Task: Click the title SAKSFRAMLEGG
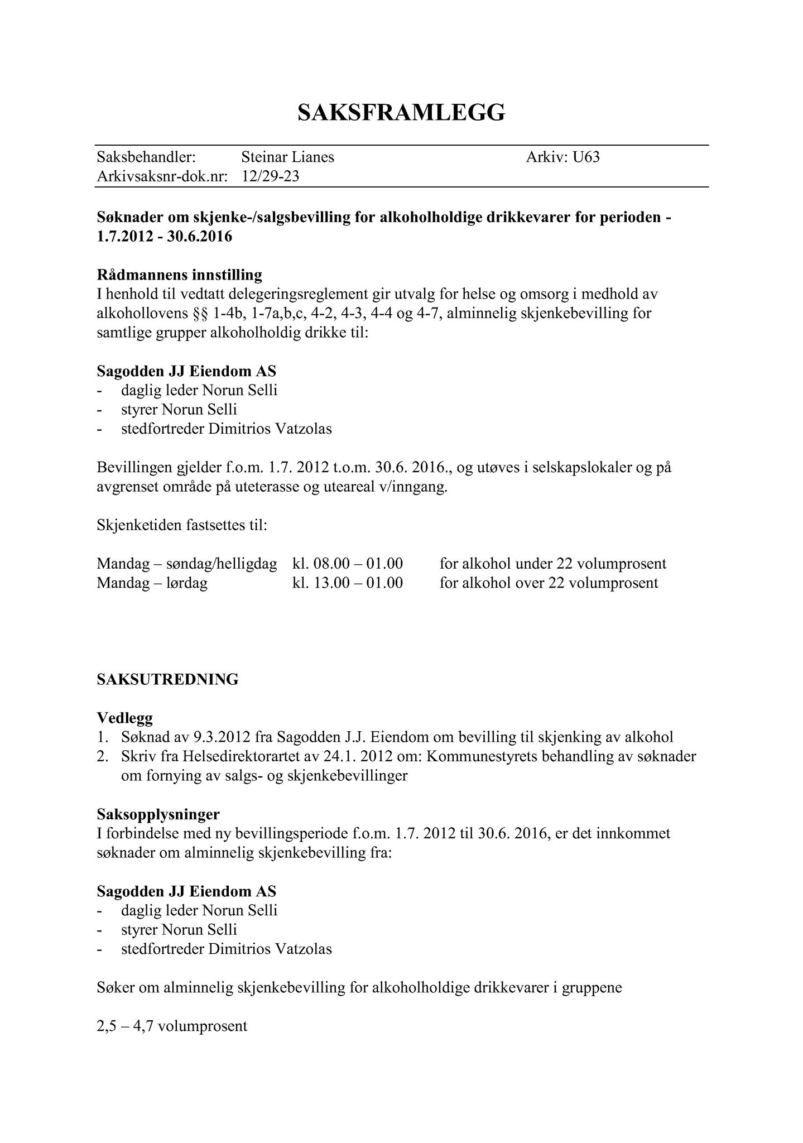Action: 401,113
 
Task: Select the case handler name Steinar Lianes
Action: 287,157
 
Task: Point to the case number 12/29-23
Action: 270,177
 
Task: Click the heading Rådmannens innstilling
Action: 179,275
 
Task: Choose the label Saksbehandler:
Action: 146,157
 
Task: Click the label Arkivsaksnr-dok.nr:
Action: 162,177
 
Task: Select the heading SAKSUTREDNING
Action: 167,679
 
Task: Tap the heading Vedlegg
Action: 124,717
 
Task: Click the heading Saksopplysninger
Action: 158,814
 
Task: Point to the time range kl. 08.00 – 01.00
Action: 348,564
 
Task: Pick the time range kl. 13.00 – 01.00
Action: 348,583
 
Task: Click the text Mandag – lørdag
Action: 152,583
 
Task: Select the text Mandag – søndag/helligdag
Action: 186,564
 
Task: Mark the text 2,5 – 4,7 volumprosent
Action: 172,1026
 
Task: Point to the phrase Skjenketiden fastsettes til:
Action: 181,525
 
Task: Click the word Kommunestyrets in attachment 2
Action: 482,757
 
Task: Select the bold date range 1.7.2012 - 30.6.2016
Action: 164,237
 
